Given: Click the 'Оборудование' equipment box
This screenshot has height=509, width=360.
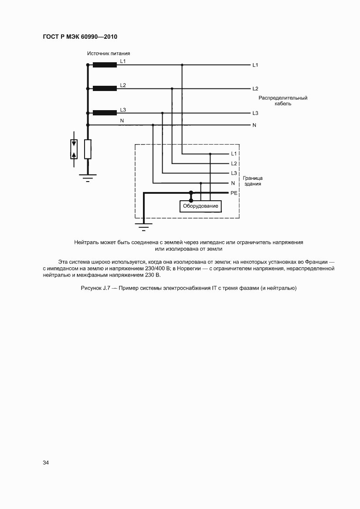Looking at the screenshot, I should pyautogui.click(x=201, y=206).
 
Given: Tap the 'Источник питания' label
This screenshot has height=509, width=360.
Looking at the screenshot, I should pyautogui.click(x=109, y=54).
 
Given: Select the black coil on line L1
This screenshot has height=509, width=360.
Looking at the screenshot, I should pyautogui.click(x=105, y=65).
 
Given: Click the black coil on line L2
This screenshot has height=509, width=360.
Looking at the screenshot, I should pyautogui.click(x=105, y=88).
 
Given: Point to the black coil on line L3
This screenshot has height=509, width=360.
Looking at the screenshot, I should pyautogui.click(x=105, y=113).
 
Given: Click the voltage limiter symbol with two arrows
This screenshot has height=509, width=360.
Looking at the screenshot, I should pyautogui.click(x=74, y=149).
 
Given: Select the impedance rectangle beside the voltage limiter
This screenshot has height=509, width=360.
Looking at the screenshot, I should pyautogui.click(x=88, y=149).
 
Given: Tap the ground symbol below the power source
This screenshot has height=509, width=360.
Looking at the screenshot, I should pyautogui.click(x=88, y=176).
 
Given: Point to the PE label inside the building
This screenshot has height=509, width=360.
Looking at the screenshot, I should pyautogui.click(x=234, y=192).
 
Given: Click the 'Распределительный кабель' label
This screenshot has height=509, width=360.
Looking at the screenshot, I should pyautogui.click(x=283, y=101).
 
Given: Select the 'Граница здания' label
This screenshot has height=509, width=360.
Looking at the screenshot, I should pyautogui.click(x=253, y=181).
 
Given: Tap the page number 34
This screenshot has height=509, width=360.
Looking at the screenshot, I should pyautogui.click(x=46, y=462).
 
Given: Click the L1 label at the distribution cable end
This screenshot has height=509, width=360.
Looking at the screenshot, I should pyautogui.click(x=255, y=65).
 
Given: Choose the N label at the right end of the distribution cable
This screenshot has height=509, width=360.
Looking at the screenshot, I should pyautogui.click(x=254, y=125).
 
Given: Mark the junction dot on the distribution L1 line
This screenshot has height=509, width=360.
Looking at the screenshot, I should pyautogui.click(x=182, y=65).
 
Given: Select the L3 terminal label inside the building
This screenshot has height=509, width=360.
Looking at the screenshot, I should pyautogui.click(x=234, y=173).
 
